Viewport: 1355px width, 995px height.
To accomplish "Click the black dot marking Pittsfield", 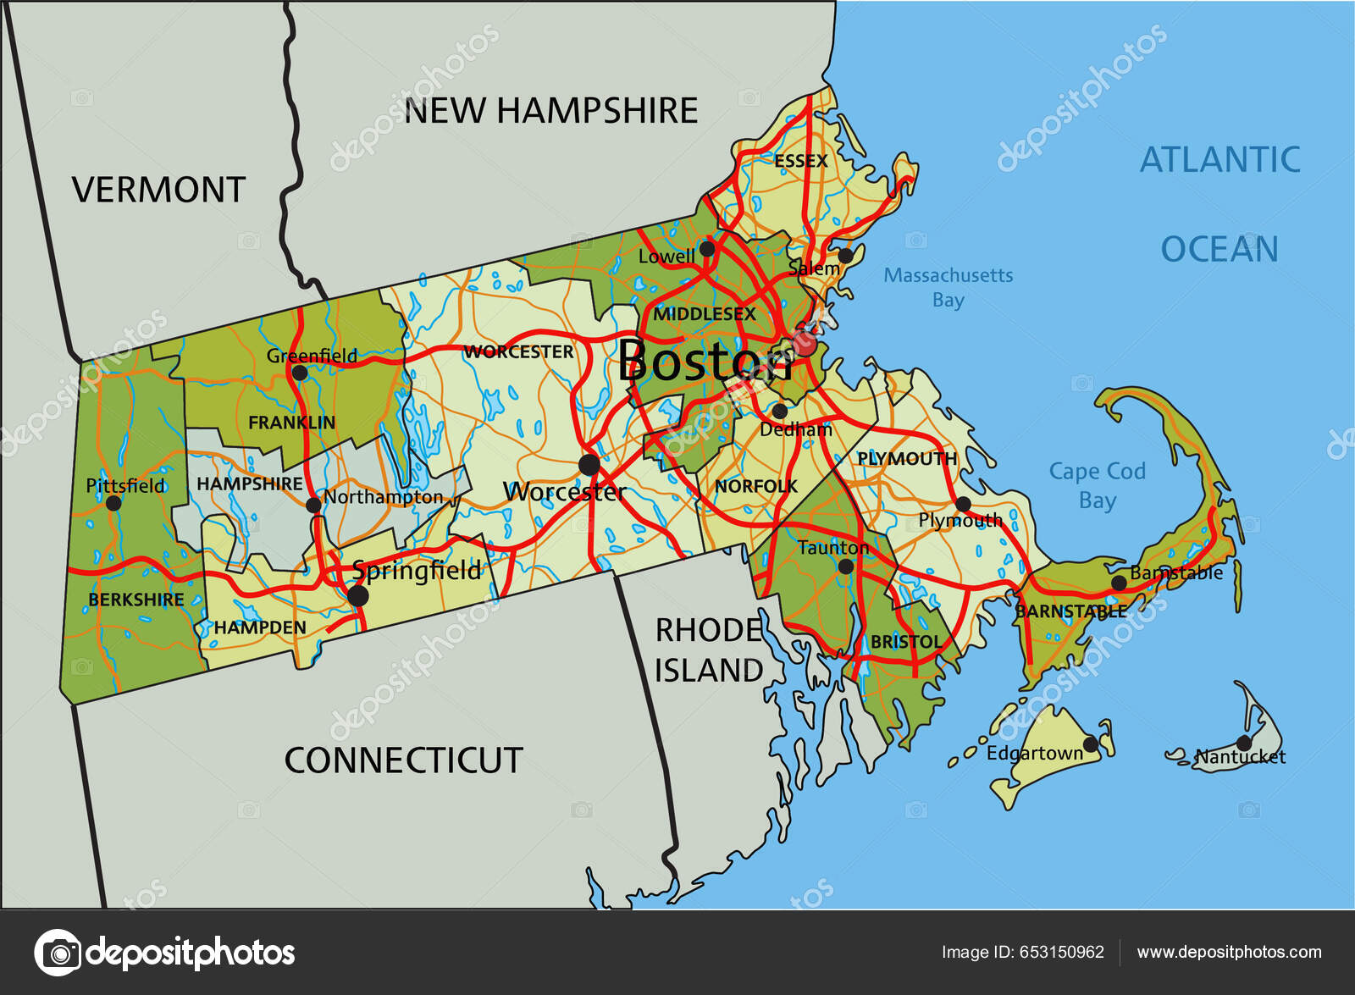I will pos(113,503).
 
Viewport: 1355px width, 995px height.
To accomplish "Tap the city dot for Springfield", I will pos(358,596).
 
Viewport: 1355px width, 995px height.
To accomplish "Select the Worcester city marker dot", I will pos(589,464).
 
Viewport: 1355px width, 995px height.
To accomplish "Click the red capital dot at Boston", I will pos(806,345).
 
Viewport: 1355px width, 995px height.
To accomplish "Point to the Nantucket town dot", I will pos(1243,743).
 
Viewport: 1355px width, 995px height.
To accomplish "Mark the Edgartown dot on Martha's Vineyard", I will pos(1091,744).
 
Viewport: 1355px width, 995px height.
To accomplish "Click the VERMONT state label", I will pos(159,190).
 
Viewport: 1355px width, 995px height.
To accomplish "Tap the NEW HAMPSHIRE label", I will pos(551,111).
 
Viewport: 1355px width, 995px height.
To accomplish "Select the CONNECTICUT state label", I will pos(403,760).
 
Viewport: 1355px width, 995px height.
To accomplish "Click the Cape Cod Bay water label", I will pos(1097,485).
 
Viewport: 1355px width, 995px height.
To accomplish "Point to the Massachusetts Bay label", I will pos(948,287).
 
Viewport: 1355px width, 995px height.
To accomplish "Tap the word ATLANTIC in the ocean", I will pos(1219,159).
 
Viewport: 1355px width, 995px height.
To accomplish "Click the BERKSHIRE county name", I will pos(135,600).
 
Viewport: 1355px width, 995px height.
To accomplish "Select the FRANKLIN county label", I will pos(291,422).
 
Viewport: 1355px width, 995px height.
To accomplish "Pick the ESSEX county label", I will pos(800,161).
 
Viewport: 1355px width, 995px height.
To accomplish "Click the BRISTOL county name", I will pos(905,642).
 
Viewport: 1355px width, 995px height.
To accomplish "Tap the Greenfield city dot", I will pos(299,373).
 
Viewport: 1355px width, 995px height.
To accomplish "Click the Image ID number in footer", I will pos(1062,952).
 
